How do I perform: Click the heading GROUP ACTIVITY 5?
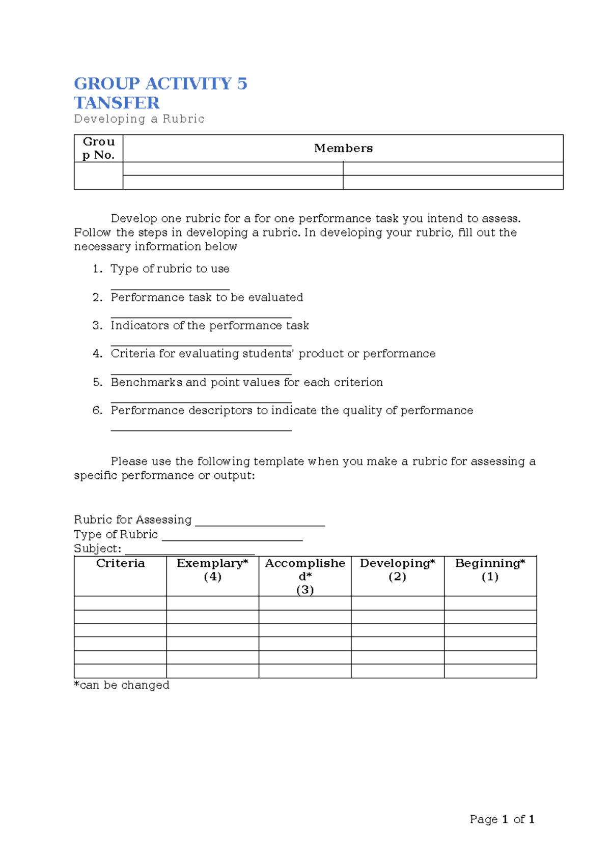pyautogui.click(x=160, y=83)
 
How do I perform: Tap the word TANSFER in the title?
pyautogui.click(x=117, y=103)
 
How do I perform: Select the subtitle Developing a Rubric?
pyautogui.click(x=139, y=119)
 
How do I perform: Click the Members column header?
pyautogui.click(x=343, y=148)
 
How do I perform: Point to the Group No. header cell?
pyautogui.click(x=98, y=148)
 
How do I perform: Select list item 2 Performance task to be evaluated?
pyautogui.click(x=207, y=297)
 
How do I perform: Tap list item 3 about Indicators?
pyautogui.click(x=210, y=326)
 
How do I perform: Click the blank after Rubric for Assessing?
pyautogui.click(x=260, y=523)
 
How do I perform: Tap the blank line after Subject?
pyautogui.click(x=189, y=553)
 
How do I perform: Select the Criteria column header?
pyautogui.click(x=120, y=563)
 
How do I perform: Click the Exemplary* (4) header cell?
pyautogui.click(x=212, y=570)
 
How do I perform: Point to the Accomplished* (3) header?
pyautogui.click(x=305, y=576)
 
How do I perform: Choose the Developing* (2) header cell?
pyautogui.click(x=397, y=570)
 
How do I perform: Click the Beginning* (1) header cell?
pyautogui.click(x=490, y=570)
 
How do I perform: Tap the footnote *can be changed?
pyautogui.click(x=122, y=685)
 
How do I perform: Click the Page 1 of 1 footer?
pyautogui.click(x=502, y=819)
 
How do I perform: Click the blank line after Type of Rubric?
pyautogui.click(x=232, y=538)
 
